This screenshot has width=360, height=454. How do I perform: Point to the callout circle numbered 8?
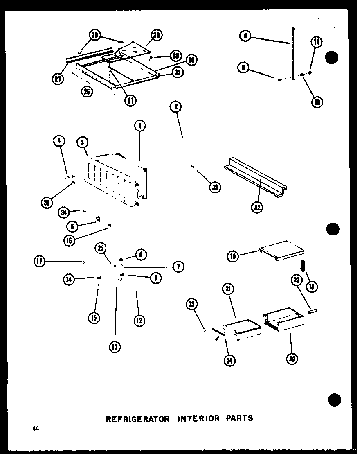pyautogui.click(x=245, y=36)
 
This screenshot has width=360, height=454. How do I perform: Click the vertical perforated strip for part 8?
pyautogui.click(x=293, y=53)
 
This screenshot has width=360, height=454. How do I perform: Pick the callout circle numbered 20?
pyautogui.click(x=292, y=359)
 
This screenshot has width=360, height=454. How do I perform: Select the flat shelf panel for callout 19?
pyautogui.click(x=283, y=249)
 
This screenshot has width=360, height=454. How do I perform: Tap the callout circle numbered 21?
pyautogui.click(x=228, y=289)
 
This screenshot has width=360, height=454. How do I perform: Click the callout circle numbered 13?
pyautogui.click(x=115, y=347)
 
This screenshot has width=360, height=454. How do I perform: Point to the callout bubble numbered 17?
pyautogui.click(x=40, y=261)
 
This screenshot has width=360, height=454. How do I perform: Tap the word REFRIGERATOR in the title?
pyautogui.click(x=138, y=419)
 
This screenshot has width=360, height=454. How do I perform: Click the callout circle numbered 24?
pyautogui.click(x=230, y=361)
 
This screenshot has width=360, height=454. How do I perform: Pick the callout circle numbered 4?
pyautogui.click(x=59, y=142)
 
